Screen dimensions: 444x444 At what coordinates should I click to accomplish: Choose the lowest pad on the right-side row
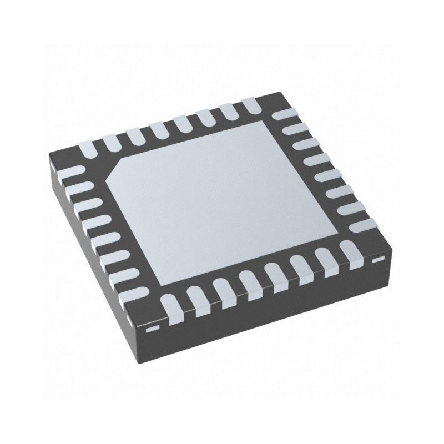coord(364,225)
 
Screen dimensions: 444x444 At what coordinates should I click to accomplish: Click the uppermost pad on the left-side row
coord(70,172)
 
